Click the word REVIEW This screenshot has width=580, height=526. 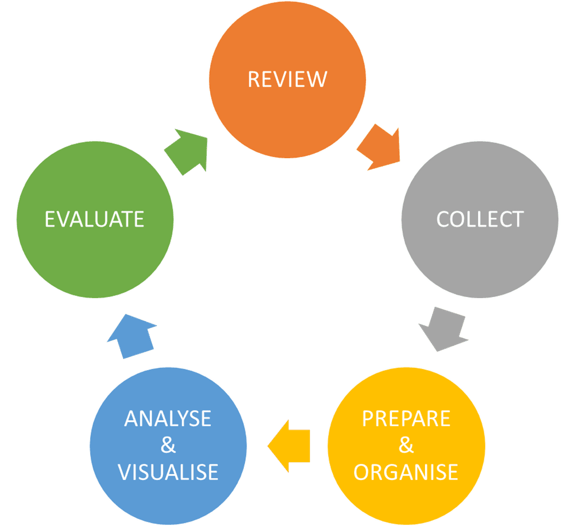(287, 79)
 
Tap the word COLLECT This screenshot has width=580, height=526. (479, 219)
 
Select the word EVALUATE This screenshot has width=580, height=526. (94, 219)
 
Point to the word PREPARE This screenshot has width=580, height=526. (406, 419)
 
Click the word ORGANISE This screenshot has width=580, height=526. (406, 472)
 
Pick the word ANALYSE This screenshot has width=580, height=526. (168, 419)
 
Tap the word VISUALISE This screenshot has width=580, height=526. (168, 472)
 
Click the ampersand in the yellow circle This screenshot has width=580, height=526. (406, 446)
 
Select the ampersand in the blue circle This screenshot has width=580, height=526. (168, 446)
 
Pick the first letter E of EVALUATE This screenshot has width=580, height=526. (50, 219)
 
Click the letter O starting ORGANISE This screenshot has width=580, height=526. (362, 472)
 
